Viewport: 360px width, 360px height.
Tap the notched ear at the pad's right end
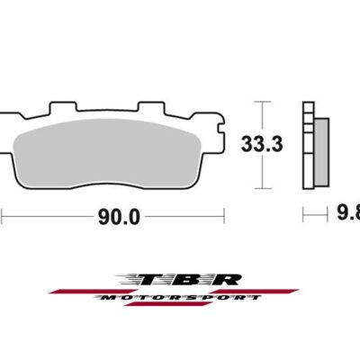pos(218,122)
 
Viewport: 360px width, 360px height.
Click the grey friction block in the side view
pos(319,144)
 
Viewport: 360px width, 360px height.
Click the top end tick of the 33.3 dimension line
pos(261,101)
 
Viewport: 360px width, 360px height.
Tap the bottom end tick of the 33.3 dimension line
pos(261,188)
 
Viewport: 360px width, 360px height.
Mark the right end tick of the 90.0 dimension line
pos(223,216)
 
